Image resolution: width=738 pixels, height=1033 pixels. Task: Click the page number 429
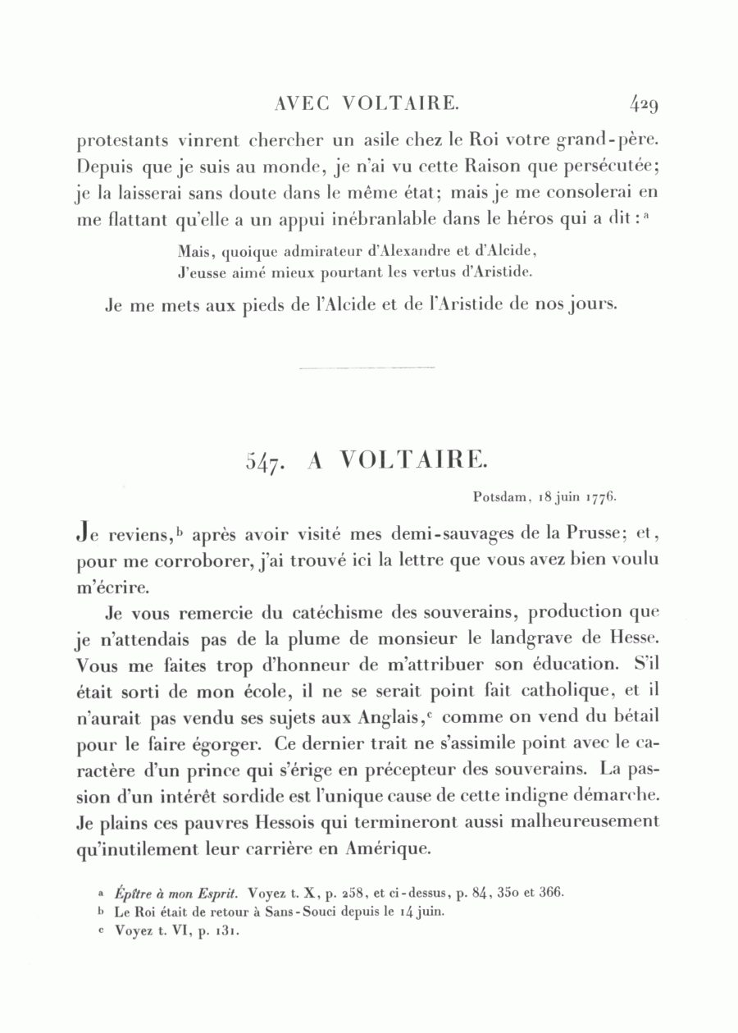(645, 104)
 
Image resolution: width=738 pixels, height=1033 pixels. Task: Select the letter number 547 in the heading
(264, 462)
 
